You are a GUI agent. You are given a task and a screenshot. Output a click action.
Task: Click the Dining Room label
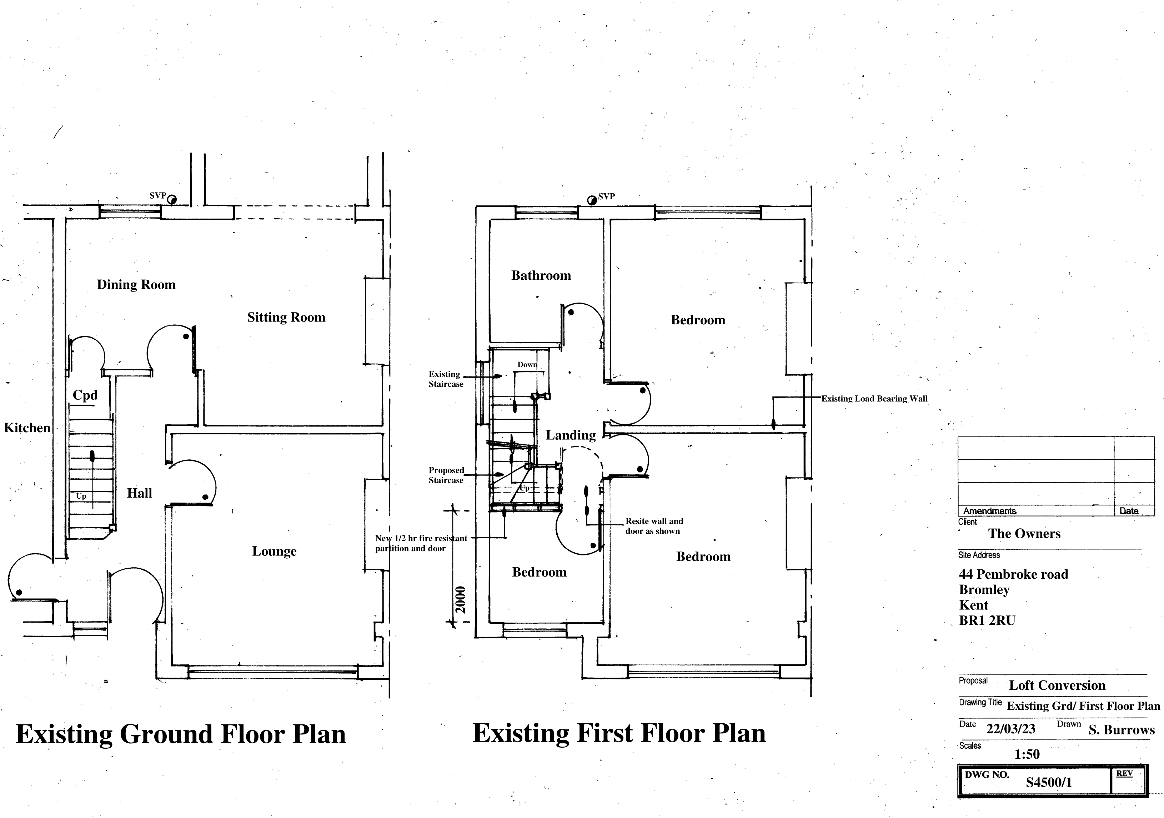[136, 284]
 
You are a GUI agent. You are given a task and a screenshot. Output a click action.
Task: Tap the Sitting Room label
[286, 318]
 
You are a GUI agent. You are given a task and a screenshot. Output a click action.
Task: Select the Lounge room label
[274, 551]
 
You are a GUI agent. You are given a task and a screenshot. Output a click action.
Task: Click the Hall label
[139, 493]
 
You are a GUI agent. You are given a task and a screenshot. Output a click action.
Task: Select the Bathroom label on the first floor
[541, 275]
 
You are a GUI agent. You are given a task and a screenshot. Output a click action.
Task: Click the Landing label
[570, 435]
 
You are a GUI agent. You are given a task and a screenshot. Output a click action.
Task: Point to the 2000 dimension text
[460, 599]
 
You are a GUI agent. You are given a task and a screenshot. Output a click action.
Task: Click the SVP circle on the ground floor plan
[172, 200]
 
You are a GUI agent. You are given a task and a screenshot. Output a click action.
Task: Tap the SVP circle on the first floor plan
[592, 200]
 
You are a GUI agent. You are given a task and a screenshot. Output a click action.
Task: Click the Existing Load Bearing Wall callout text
[874, 399]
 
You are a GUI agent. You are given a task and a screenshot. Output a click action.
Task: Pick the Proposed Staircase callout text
[446, 475]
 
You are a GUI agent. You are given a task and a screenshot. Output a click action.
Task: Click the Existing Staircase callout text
[446, 379]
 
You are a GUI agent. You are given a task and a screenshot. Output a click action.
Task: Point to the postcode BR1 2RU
[987, 621]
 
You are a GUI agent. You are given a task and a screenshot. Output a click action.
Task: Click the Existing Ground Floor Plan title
[180, 734]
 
